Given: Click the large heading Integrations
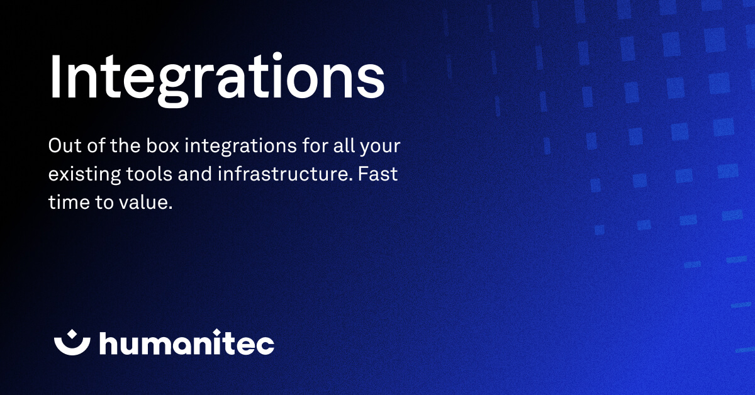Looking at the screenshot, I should [216, 79].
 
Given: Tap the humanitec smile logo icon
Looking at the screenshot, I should [72, 342].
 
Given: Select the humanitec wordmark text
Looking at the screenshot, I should [187, 343].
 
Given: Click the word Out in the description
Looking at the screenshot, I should [62, 147].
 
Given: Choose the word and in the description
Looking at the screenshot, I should [195, 174].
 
